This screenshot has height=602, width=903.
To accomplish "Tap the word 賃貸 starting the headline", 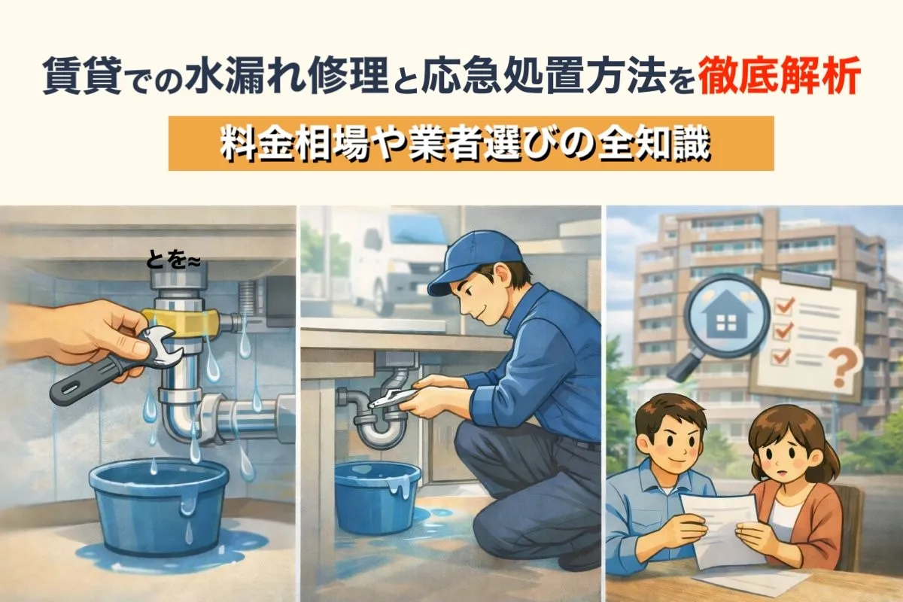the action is click(x=82, y=77).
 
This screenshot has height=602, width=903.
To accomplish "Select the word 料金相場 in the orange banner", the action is click(x=294, y=144).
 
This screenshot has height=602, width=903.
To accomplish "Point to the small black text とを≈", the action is click(x=172, y=261).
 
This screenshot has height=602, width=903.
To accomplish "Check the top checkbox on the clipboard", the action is click(x=784, y=306).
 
